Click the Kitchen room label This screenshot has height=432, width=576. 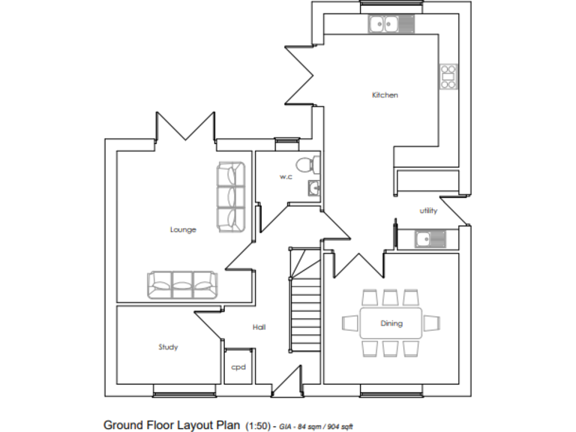pyautogui.click(x=385, y=95)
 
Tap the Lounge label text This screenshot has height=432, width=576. pyautogui.click(x=183, y=229)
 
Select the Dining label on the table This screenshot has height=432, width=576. pyautogui.click(x=391, y=323)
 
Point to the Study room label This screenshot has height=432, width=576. pyautogui.click(x=168, y=347)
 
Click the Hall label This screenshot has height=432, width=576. pyautogui.click(x=259, y=327)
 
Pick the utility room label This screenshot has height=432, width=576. pyautogui.click(x=428, y=211)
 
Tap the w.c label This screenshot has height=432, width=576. pyautogui.click(x=286, y=177)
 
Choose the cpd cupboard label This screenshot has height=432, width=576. pyautogui.click(x=238, y=367)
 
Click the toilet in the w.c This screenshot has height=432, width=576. pyautogui.click(x=304, y=165)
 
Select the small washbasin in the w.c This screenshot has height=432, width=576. pyautogui.click(x=313, y=187)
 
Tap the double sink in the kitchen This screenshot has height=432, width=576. pyautogui.click(x=383, y=24)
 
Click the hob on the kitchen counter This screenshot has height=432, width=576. pyautogui.click(x=448, y=76)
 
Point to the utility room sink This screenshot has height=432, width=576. pyautogui.click(x=430, y=239)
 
